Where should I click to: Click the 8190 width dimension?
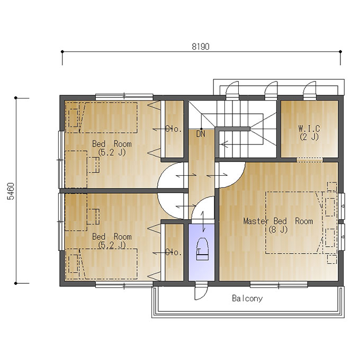(201, 47)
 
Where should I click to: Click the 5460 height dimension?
(11, 191)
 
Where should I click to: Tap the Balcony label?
(247, 298)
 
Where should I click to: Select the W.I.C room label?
(309, 128)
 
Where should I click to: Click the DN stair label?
(201, 134)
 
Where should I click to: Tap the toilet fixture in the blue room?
(202, 249)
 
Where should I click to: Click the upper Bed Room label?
(112, 144)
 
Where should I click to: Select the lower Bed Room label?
(112, 237)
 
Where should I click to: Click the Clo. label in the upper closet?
(174, 129)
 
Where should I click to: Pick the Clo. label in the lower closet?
(174, 252)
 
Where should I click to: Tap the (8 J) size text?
(278, 230)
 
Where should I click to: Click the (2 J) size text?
(309, 137)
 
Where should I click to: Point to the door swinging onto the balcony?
(201, 293)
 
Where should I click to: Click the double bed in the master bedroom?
(294, 223)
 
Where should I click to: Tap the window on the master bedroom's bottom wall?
(278, 285)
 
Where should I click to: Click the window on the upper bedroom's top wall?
(124, 96)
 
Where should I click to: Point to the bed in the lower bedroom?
(101, 264)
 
